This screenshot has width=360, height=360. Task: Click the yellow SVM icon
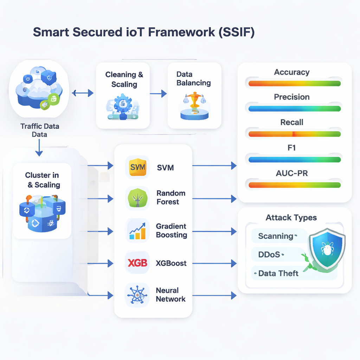[137, 167]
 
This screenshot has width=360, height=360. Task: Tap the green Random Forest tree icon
[137, 198]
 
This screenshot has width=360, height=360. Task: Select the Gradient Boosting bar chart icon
[137, 231]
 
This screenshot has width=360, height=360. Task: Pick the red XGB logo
[137, 263]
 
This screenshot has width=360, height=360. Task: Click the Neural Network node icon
[137, 295]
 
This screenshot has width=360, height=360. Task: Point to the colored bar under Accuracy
[294, 84]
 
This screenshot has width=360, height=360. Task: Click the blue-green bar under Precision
[294, 109]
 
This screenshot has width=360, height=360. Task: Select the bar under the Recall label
[294, 134]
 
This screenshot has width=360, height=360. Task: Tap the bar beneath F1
[294, 159]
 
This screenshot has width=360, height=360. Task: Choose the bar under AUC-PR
[294, 185]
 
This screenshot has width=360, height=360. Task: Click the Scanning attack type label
[276, 236]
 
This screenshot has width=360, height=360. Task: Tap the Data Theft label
[278, 273]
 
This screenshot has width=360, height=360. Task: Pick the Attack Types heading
[291, 218]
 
